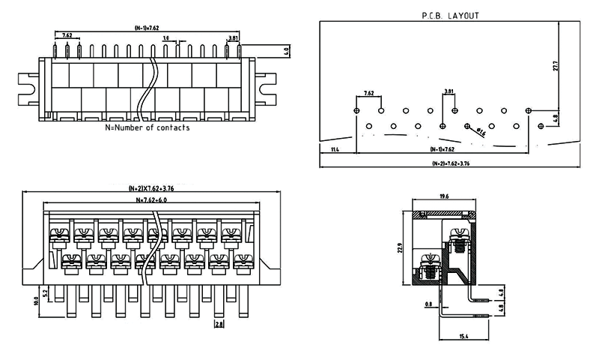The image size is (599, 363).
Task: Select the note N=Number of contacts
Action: click(148, 127)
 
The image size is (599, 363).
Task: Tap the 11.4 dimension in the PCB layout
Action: click(334, 150)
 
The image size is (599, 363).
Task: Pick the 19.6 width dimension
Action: click(444, 196)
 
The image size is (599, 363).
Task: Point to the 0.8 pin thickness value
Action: click(428, 304)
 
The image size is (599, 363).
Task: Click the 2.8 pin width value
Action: click(218, 324)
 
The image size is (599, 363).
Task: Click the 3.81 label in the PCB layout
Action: click(449, 92)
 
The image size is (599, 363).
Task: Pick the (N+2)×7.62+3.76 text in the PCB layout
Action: click(450, 163)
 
